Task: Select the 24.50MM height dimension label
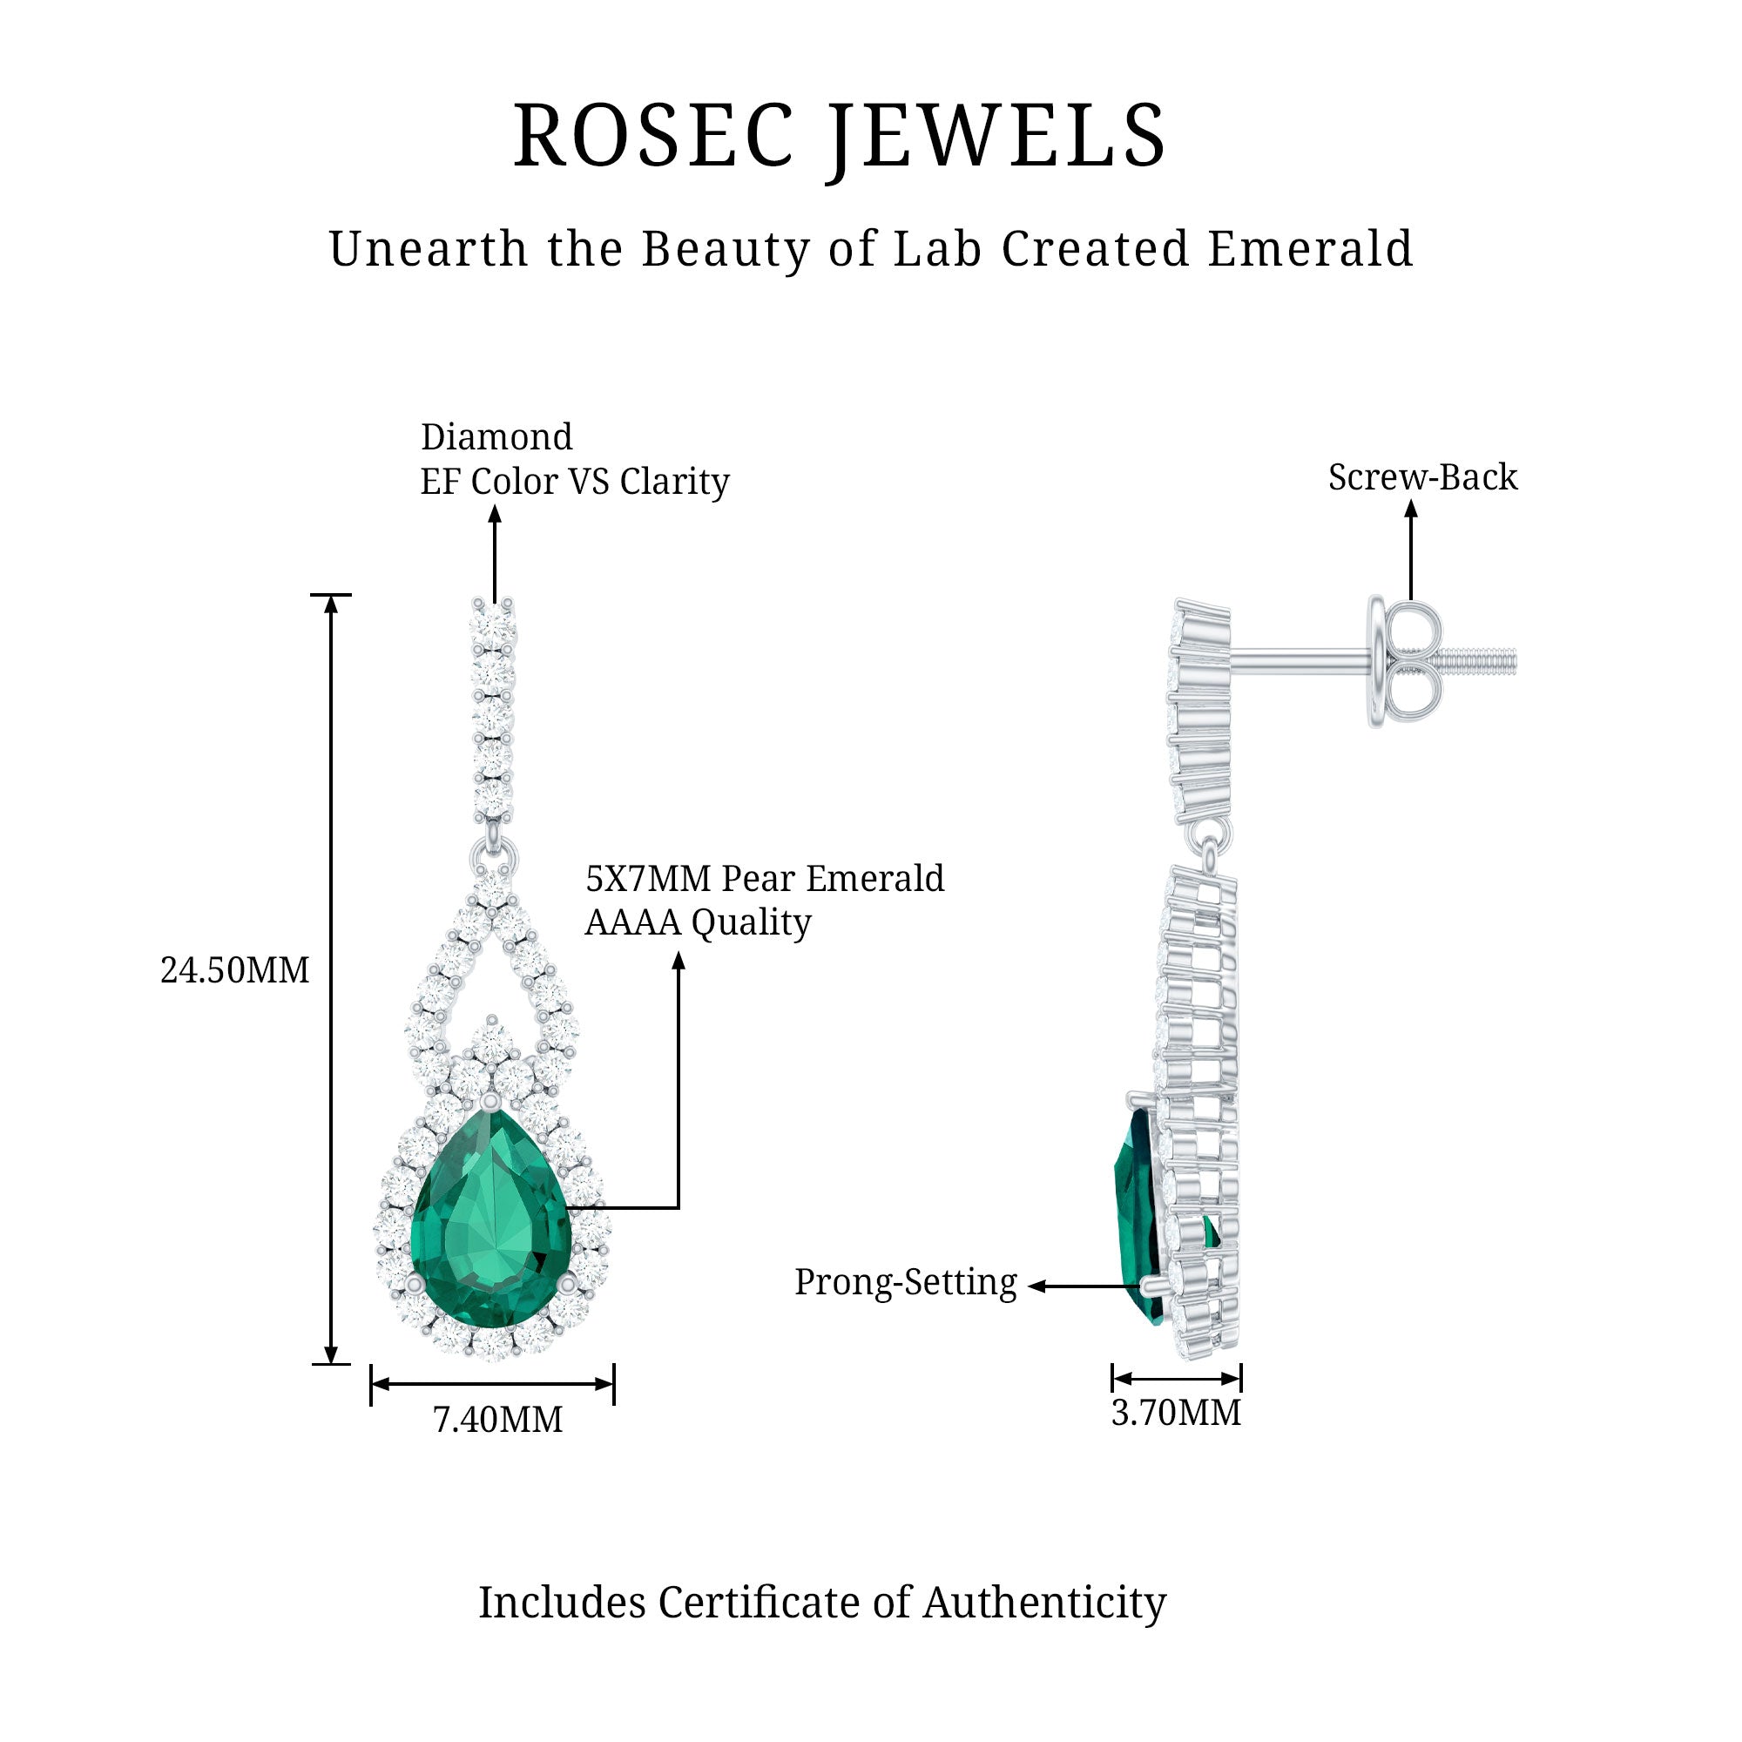(234, 971)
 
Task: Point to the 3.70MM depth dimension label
(1176, 1413)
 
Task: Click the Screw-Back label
(1423, 477)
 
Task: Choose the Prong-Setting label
(905, 1282)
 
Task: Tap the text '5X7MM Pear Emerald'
(765, 878)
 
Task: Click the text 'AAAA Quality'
(698, 922)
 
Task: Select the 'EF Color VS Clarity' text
(574, 482)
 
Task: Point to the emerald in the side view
(1138, 1218)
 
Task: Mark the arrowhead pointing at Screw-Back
(1411, 510)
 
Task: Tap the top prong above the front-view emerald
(490, 1101)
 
